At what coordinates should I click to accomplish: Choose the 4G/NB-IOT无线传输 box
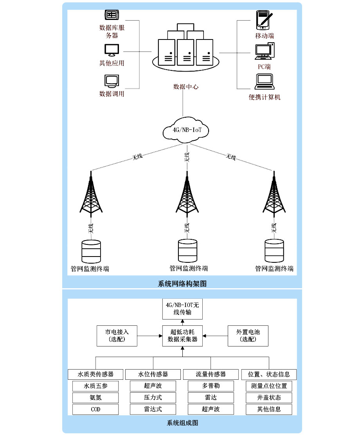(x=182, y=309)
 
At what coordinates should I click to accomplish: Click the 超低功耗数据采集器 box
(x=182, y=336)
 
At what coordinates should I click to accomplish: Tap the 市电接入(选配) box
(x=117, y=336)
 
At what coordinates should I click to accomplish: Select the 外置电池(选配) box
(x=248, y=336)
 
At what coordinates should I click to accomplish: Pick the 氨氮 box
(x=95, y=398)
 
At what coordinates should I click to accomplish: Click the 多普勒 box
(x=211, y=386)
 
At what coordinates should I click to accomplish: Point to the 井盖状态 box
(x=269, y=398)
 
